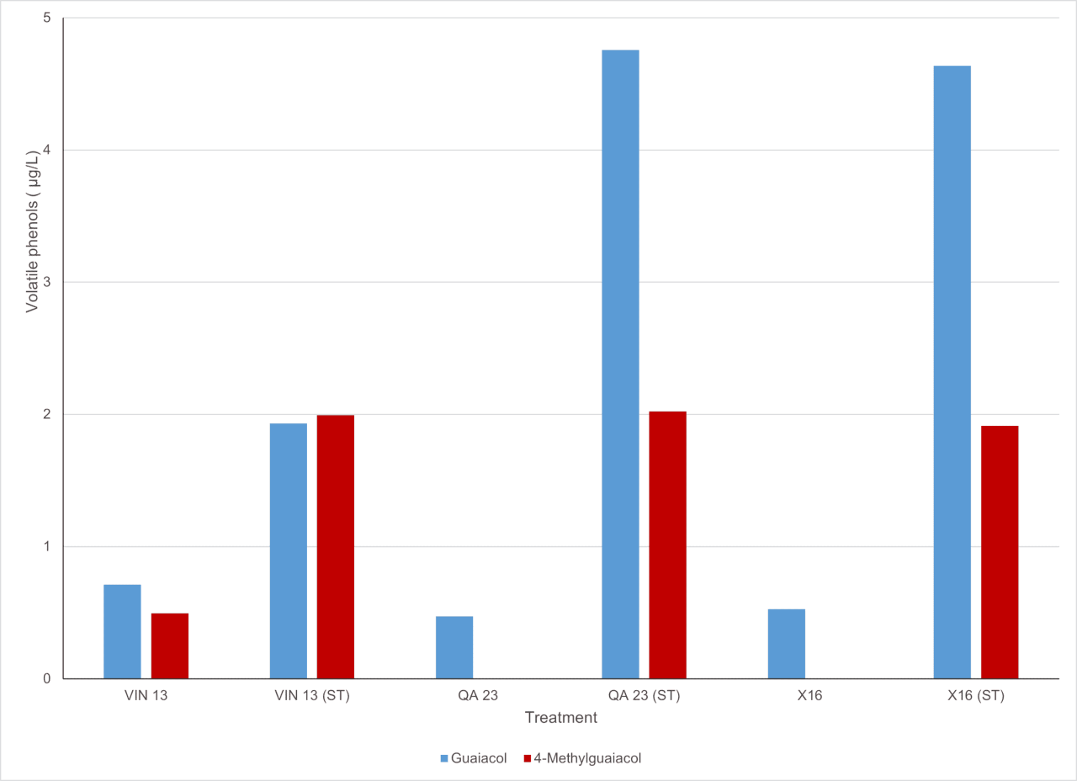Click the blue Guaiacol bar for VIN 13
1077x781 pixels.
[x=122, y=631]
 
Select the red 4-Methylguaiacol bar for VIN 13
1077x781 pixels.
[x=170, y=646]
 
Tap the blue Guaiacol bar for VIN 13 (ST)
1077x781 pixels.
[x=289, y=550]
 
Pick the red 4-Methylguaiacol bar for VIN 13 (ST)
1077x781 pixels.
[x=336, y=547]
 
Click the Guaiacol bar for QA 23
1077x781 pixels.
[x=454, y=647]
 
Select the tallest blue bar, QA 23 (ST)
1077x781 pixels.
[x=621, y=364]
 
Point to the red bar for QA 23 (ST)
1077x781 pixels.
[x=668, y=545]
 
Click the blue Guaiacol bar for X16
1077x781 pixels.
[x=787, y=644]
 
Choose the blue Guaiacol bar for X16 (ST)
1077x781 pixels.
[x=952, y=372]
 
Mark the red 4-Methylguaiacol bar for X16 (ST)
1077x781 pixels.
[x=1000, y=552]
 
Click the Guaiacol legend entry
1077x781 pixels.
[x=474, y=758]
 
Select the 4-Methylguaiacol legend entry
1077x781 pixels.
[x=582, y=758]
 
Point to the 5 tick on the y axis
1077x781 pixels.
[x=46, y=18]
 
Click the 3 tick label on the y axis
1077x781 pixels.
[x=46, y=282]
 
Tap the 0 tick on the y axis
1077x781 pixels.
[x=46, y=678]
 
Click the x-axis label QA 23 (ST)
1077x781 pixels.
[x=645, y=695]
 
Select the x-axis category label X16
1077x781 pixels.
[x=809, y=695]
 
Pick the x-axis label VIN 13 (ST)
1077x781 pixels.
[x=312, y=695]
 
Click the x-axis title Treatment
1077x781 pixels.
[x=561, y=718]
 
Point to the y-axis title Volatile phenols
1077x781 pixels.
[x=32, y=231]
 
